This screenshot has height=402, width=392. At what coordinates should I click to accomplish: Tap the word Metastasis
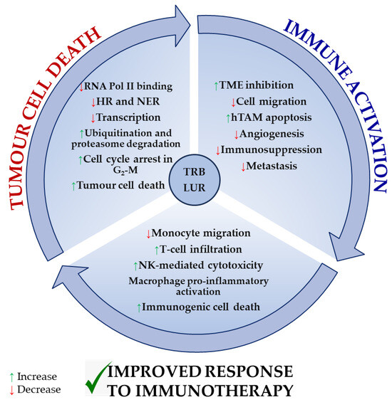[269, 166]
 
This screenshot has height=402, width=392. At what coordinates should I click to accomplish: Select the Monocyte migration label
[200, 233]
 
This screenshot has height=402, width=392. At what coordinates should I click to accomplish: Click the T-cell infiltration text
[200, 248]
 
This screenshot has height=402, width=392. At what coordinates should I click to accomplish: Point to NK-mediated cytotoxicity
[200, 264]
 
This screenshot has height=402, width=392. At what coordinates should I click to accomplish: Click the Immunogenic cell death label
[200, 307]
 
